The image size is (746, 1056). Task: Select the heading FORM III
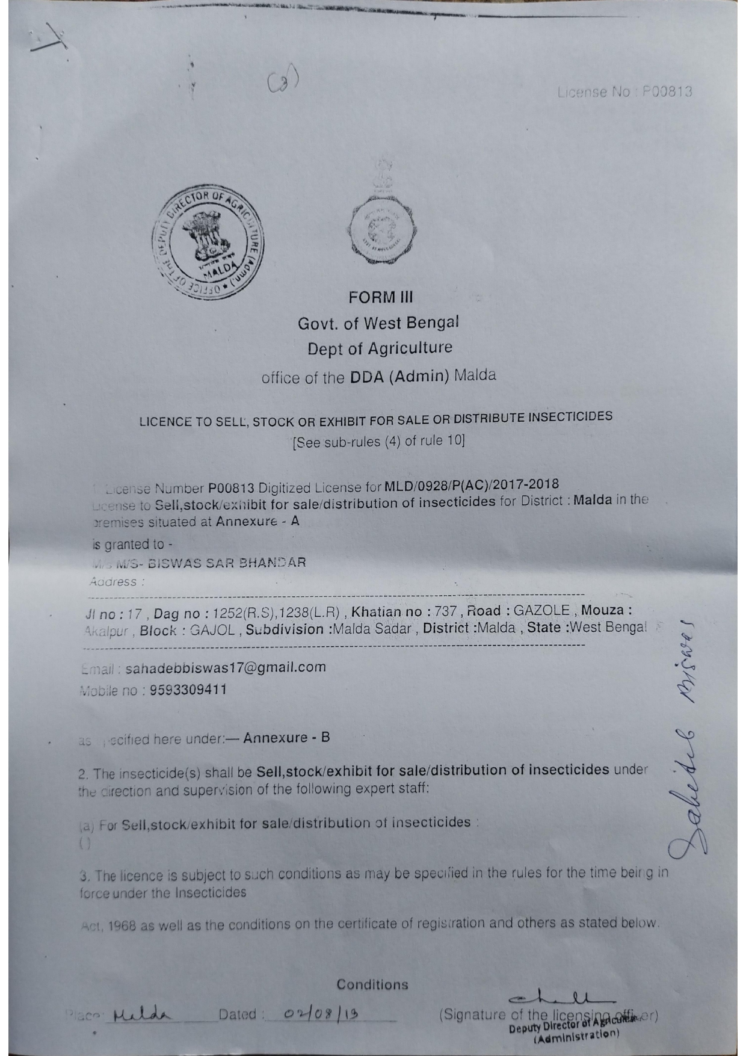381,297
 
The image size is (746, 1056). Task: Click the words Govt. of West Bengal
378,323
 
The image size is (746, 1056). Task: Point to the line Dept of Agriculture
380,348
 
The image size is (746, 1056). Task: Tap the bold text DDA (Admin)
399,377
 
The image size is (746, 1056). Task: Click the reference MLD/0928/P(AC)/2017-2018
471,484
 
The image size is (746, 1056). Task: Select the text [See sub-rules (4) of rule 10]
378,442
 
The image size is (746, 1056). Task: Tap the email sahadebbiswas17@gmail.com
226,667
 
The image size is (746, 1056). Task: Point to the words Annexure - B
286,738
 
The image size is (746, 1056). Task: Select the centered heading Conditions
372,985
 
